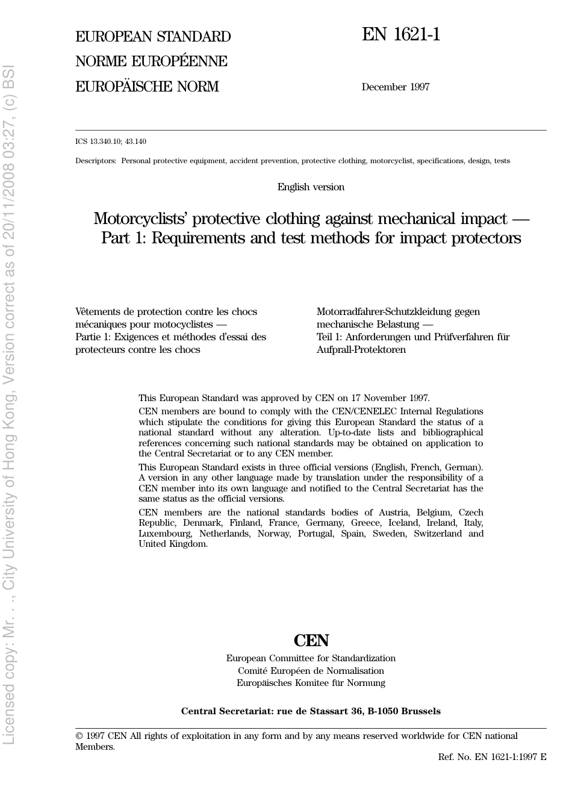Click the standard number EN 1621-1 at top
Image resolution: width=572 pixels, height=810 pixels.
tap(401, 34)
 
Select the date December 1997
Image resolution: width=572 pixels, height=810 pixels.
tap(396, 87)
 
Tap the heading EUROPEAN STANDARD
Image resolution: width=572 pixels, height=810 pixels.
tap(153, 37)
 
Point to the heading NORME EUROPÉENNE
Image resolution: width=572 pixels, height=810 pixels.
tap(151, 61)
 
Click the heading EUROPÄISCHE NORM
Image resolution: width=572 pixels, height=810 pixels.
tap(147, 87)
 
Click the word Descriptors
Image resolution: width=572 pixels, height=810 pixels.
tap(95, 161)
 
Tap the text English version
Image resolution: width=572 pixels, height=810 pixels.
tap(311, 187)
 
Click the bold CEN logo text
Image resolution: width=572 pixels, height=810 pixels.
tap(311, 640)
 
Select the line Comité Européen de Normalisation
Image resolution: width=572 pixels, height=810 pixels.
tap(311, 671)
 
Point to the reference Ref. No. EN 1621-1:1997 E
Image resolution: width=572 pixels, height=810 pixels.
tap(492, 757)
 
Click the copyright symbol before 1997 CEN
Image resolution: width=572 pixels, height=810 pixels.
tap(79, 736)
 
